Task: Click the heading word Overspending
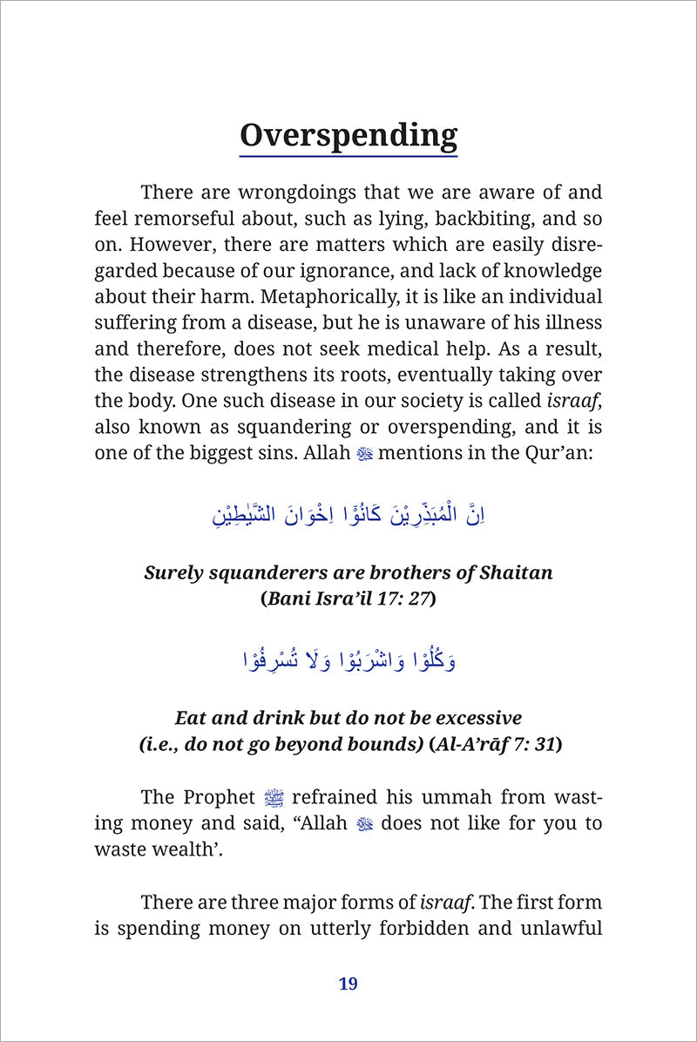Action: click(x=348, y=136)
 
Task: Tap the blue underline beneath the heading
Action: click(x=348, y=156)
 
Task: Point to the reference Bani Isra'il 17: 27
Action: click(x=348, y=599)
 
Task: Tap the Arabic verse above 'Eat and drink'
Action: click(x=348, y=660)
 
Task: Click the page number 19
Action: click(x=348, y=984)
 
